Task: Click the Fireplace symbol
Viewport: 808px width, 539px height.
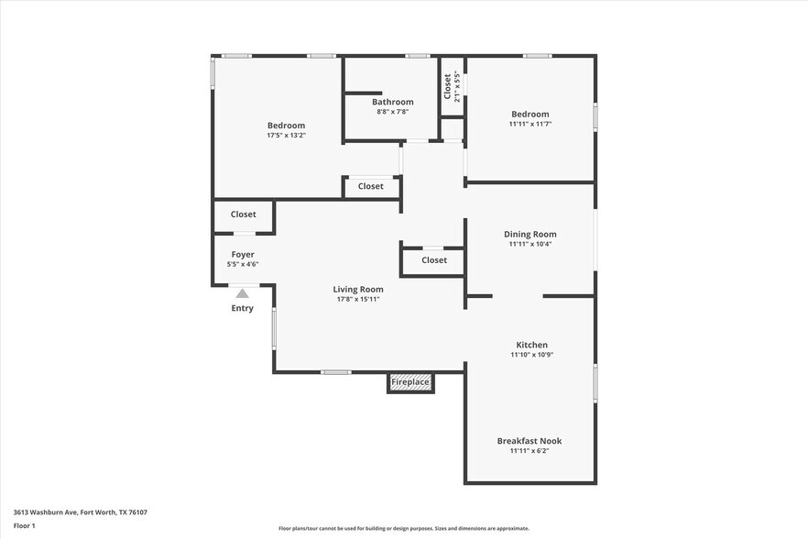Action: click(x=410, y=382)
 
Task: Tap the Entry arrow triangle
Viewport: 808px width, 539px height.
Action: click(x=242, y=293)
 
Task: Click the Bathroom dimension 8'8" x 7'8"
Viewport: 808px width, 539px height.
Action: click(x=392, y=112)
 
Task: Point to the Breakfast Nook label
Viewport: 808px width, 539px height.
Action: click(x=530, y=441)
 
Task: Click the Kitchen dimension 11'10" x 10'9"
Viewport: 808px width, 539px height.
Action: click(x=531, y=355)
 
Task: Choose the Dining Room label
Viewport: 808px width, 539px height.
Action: click(x=530, y=234)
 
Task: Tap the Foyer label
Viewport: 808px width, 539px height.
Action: click(x=243, y=254)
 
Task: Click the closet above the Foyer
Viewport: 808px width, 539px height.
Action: click(x=243, y=214)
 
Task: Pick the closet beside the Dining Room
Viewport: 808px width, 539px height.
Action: click(x=434, y=260)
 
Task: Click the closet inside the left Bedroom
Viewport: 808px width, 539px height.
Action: click(x=370, y=186)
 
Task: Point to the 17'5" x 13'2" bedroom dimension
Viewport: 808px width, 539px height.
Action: click(x=286, y=136)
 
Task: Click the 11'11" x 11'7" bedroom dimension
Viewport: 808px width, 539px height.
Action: click(x=530, y=124)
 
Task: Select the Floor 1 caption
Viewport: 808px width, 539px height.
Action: click(x=24, y=525)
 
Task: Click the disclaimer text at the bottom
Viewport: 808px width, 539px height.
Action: click(x=404, y=528)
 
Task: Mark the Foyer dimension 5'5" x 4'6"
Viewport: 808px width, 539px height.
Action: click(x=243, y=264)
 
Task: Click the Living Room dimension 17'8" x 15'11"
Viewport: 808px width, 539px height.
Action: click(x=357, y=299)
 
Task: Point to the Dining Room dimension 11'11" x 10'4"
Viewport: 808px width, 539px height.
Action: click(x=530, y=244)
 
